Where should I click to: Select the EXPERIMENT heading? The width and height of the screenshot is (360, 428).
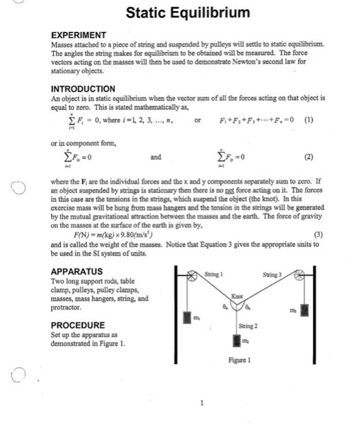(x=78, y=35)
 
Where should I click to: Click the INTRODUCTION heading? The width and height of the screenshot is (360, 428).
(x=83, y=89)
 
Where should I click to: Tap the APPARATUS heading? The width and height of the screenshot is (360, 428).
(x=76, y=271)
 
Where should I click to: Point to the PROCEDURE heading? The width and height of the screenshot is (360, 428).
(x=78, y=325)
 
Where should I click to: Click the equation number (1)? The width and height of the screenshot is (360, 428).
(x=310, y=120)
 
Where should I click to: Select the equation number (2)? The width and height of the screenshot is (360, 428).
(x=309, y=157)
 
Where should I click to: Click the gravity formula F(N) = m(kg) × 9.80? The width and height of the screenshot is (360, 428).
(x=113, y=234)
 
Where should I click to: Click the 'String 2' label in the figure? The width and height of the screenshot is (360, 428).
(x=249, y=325)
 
